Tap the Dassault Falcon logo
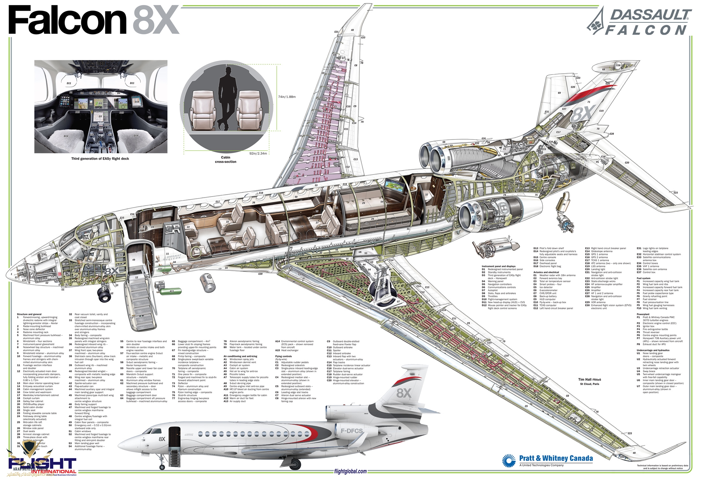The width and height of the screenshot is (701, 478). (640, 22)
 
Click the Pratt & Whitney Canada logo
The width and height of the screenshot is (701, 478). (548, 460)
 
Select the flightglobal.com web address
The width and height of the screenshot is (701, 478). (350, 471)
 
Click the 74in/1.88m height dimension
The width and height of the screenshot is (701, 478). (287, 97)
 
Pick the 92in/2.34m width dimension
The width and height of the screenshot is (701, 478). (258, 153)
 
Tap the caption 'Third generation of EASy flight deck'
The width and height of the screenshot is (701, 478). (100, 159)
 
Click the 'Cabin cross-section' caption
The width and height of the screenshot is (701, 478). (226, 160)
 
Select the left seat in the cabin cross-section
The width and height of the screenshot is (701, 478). (202, 110)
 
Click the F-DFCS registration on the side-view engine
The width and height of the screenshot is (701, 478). (352, 431)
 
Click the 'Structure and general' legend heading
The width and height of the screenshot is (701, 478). (29, 314)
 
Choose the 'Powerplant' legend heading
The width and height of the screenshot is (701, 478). (643, 314)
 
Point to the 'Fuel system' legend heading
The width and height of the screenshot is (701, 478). (643, 278)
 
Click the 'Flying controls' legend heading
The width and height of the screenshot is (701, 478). (283, 356)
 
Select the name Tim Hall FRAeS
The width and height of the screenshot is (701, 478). (589, 380)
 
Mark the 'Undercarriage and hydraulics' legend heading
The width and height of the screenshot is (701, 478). (653, 350)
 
